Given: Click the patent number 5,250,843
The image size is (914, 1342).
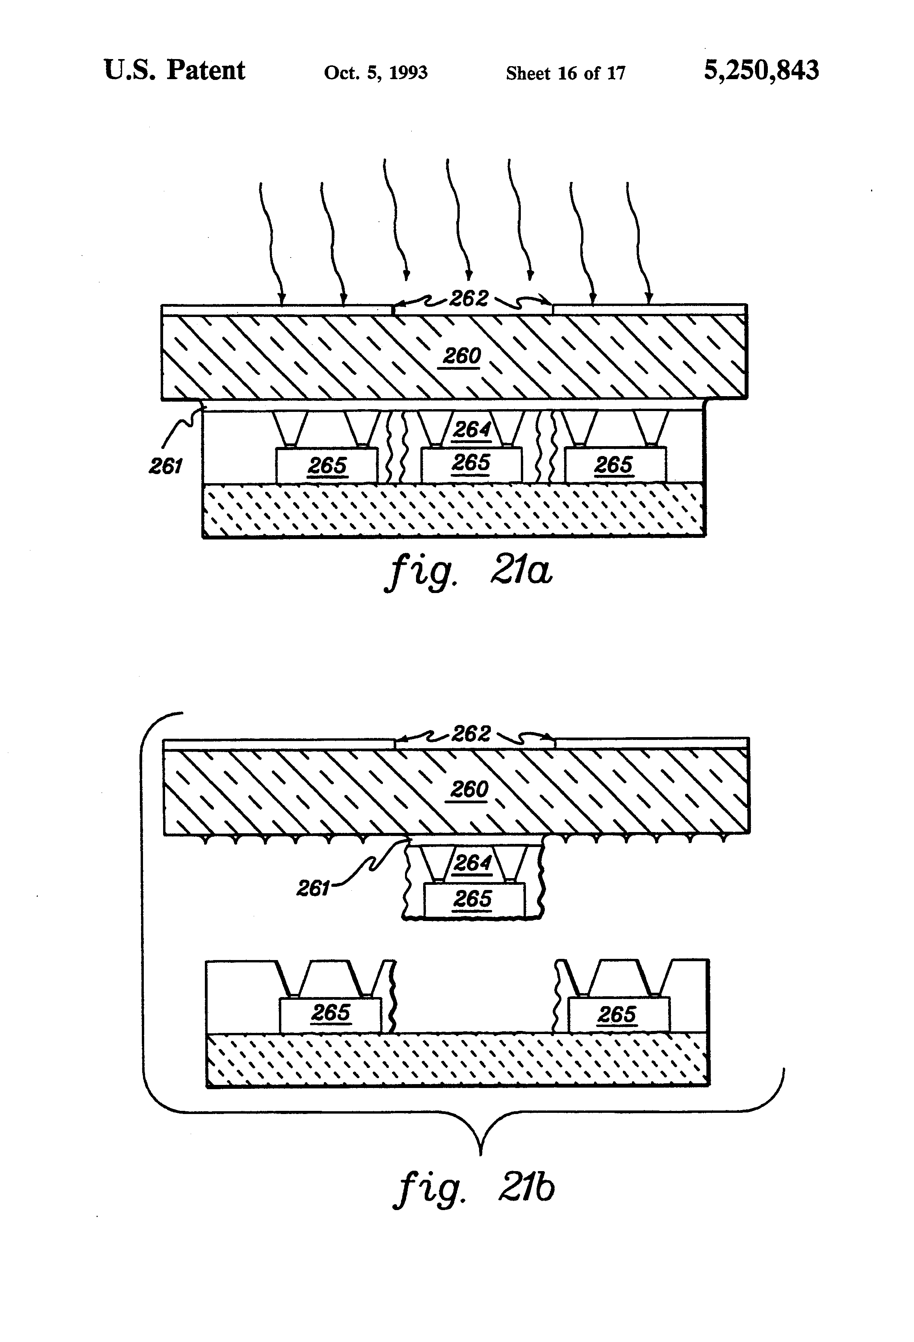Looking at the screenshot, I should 760,70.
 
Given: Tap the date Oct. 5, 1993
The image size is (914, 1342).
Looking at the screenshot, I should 375,73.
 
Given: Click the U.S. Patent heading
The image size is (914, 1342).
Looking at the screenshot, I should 175,70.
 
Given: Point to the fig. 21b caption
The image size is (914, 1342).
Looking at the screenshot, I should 474,1189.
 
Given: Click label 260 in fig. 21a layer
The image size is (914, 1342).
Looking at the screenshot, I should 462,356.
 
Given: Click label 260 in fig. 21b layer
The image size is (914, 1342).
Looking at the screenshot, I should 469,789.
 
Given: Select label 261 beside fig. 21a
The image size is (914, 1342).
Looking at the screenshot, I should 166,465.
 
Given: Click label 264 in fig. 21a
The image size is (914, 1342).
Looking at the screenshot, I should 472,430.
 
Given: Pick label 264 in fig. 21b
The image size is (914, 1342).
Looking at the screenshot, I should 473,863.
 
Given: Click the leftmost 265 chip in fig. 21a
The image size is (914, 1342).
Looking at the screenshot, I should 327,465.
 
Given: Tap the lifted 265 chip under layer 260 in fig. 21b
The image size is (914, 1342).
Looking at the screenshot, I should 473,899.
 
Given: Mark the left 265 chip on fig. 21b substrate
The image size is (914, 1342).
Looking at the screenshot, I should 331,1012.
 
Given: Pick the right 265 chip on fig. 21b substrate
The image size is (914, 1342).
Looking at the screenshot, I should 617,1014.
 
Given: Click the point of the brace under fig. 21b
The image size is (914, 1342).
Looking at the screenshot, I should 481,1154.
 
